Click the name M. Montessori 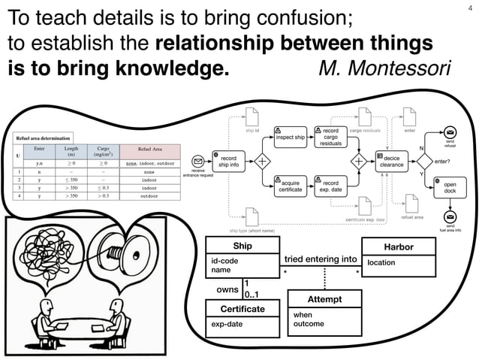click(x=384, y=68)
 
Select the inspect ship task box click(x=290, y=138)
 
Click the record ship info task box click(x=229, y=162)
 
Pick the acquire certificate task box click(x=290, y=186)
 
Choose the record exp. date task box click(x=330, y=186)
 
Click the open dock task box click(x=450, y=187)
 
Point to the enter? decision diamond click(x=425, y=162)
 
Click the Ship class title click(x=243, y=247)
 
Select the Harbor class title click(x=398, y=247)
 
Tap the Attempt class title click(x=324, y=299)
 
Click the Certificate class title click(x=243, y=309)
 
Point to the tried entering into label click(x=321, y=259)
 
